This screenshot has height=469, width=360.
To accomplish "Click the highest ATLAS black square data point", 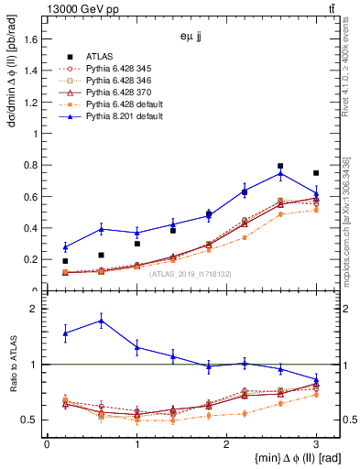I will (x=280, y=167).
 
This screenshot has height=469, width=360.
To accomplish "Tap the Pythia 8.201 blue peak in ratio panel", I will (x=101, y=320).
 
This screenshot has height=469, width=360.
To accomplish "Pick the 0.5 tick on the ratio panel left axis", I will (x=32, y=420).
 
